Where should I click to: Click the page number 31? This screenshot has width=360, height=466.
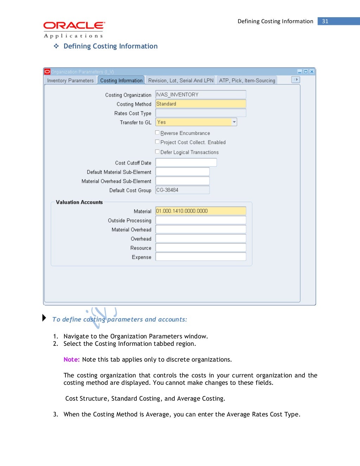(x=325, y=21)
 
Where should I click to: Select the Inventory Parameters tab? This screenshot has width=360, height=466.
(x=70, y=80)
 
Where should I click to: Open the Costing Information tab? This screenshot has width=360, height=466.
(x=121, y=80)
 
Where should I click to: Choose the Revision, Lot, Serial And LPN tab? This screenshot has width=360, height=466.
(x=181, y=80)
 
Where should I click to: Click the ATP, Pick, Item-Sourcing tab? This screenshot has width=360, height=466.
(x=247, y=80)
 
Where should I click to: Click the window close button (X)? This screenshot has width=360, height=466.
(x=311, y=72)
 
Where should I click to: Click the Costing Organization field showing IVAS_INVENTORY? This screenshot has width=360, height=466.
(x=200, y=95)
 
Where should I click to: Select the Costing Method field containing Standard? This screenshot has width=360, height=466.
(x=200, y=104)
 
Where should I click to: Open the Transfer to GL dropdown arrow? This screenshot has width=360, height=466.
(x=234, y=122)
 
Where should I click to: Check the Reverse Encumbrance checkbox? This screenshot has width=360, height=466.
(x=157, y=133)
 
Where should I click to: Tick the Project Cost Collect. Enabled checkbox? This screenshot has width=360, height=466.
(x=157, y=142)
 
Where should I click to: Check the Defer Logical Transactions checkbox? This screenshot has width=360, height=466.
(x=157, y=152)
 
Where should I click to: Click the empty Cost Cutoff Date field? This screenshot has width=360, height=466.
(x=186, y=163)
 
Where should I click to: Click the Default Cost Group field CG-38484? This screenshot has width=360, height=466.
(x=182, y=190)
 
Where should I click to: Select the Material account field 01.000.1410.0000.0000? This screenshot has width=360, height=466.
(x=200, y=211)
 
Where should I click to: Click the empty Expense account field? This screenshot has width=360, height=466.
(x=200, y=257)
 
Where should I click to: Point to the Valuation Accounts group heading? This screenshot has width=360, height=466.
(x=79, y=202)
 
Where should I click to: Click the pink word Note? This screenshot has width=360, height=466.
(x=71, y=360)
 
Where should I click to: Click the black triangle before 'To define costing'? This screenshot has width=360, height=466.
(x=44, y=318)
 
